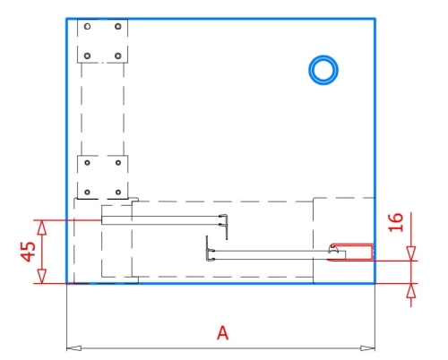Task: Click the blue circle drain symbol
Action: tap(323, 57)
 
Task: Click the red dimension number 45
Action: tap(28, 252)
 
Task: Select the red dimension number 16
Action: tap(395, 222)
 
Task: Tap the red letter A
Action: tap(223, 333)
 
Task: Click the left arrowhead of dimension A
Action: tap(73, 348)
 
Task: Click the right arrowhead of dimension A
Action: tap(367, 348)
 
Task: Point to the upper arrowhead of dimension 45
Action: tap(42, 227)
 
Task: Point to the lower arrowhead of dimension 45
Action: tap(42, 276)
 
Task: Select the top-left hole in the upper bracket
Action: tap(87, 27)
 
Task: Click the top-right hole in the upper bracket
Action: tap(118, 27)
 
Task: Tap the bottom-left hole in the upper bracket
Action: tap(87, 56)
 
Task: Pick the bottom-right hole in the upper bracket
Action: tap(118, 56)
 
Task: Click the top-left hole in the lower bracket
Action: tap(87, 163)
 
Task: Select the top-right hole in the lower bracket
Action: tap(118, 163)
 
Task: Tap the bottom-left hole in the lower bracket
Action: tap(87, 193)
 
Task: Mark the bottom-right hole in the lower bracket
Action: tap(118, 193)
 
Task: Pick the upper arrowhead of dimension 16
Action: tap(411, 253)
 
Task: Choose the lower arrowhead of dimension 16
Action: tap(411, 290)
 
